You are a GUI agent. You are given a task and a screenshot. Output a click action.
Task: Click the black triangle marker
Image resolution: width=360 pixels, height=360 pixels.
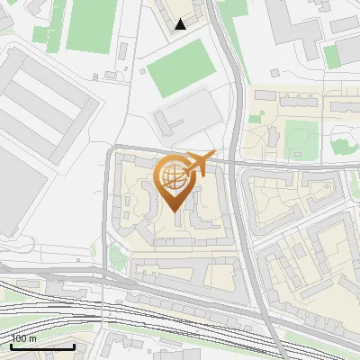[x=181, y=25]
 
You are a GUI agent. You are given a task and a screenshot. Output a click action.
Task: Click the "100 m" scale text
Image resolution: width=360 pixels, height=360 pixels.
[x=23, y=338]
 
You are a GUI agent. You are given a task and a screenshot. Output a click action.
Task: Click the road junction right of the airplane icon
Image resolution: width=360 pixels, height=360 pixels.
[x=235, y=163]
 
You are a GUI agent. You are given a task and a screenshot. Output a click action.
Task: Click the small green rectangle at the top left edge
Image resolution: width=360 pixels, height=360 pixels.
[x=40, y=35]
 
